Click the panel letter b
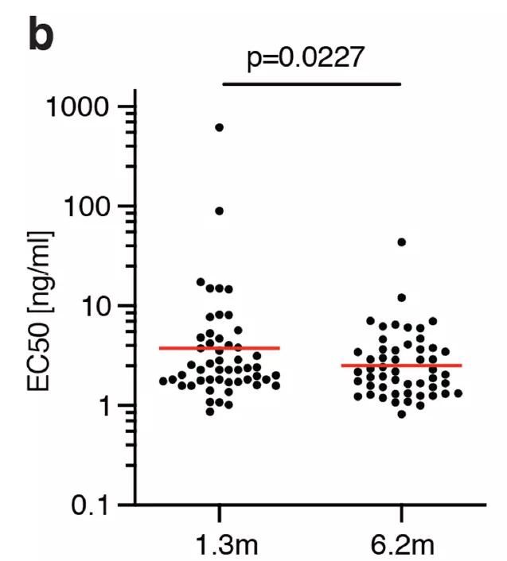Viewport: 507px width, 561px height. (x=42, y=35)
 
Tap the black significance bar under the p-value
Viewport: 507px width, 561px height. (x=311, y=83)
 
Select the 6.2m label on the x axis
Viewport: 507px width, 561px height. (x=401, y=544)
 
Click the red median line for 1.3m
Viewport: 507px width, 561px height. (x=219, y=348)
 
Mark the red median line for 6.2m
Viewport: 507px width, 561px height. (x=401, y=366)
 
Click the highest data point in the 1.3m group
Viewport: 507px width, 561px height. (x=219, y=127)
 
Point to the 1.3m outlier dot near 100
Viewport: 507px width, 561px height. (x=219, y=211)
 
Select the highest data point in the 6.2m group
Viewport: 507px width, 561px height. (x=401, y=242)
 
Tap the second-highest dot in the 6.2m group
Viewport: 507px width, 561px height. (x=401, y=297)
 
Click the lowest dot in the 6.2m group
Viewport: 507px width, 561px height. (x=401, y=414)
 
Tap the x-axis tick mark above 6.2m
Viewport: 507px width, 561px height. (x=401, y=511)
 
